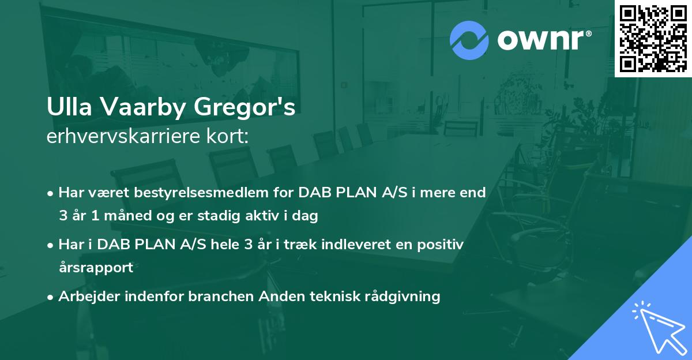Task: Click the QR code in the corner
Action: pos(653,38)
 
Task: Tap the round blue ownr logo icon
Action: pos(469,39)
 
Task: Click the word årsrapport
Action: pos(96,268)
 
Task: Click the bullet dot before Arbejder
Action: pos(51,297)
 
